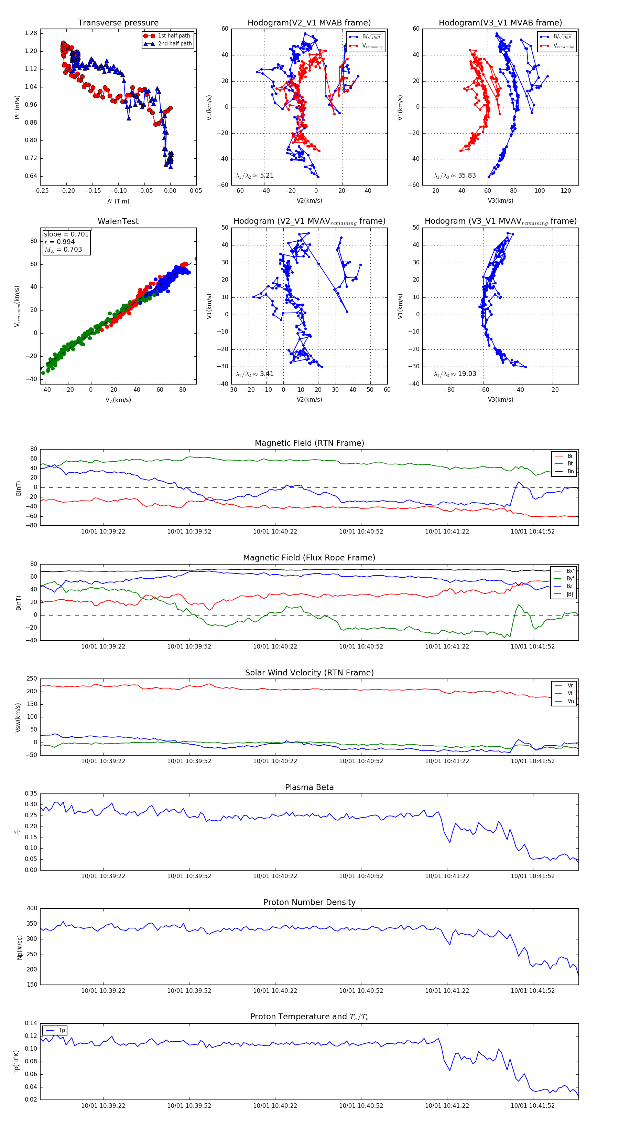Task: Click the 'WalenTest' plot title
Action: [x=118, y=221]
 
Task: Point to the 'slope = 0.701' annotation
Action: [x=66, y=234]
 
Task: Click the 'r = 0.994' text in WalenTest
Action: [x=59, y=242]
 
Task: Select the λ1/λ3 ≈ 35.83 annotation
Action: [x=455, y=176]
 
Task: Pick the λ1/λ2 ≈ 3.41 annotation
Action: [x=254, y=374]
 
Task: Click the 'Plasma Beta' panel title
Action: [x=309, y=787]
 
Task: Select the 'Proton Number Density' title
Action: [x=309, y=902]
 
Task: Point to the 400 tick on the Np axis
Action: [x=32, y=908]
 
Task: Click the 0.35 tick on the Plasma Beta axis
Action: [x=31, y=793]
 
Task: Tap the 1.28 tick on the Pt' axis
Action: [x=31, y=33]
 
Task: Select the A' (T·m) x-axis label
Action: [x=118, y=201]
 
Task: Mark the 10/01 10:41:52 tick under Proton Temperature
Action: [x=533, y=1106]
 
